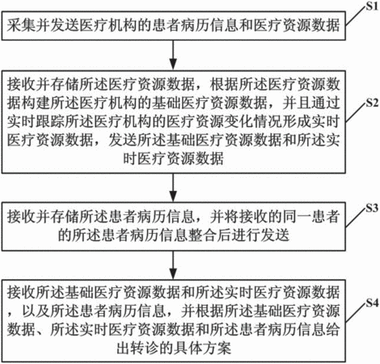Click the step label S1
click(x=372, y=6)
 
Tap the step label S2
click(x=372, y=103)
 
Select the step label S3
click(x=372, y=208)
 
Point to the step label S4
click(x=372, y=303)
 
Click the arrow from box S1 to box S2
click(x=173, y=55)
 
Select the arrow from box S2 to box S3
click(x=173, y=188)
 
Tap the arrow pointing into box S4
click(x=173, y=265)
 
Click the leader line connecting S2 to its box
click(x=356, y=112)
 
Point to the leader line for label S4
click(x=356, y=313)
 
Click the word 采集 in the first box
click(x=21, y=25)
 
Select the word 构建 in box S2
click(x=36, y=104)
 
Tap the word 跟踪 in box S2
click(x=50, y=121)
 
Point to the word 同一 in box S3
click(x=297, y=217)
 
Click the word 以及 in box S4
click(x=36, y=311)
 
